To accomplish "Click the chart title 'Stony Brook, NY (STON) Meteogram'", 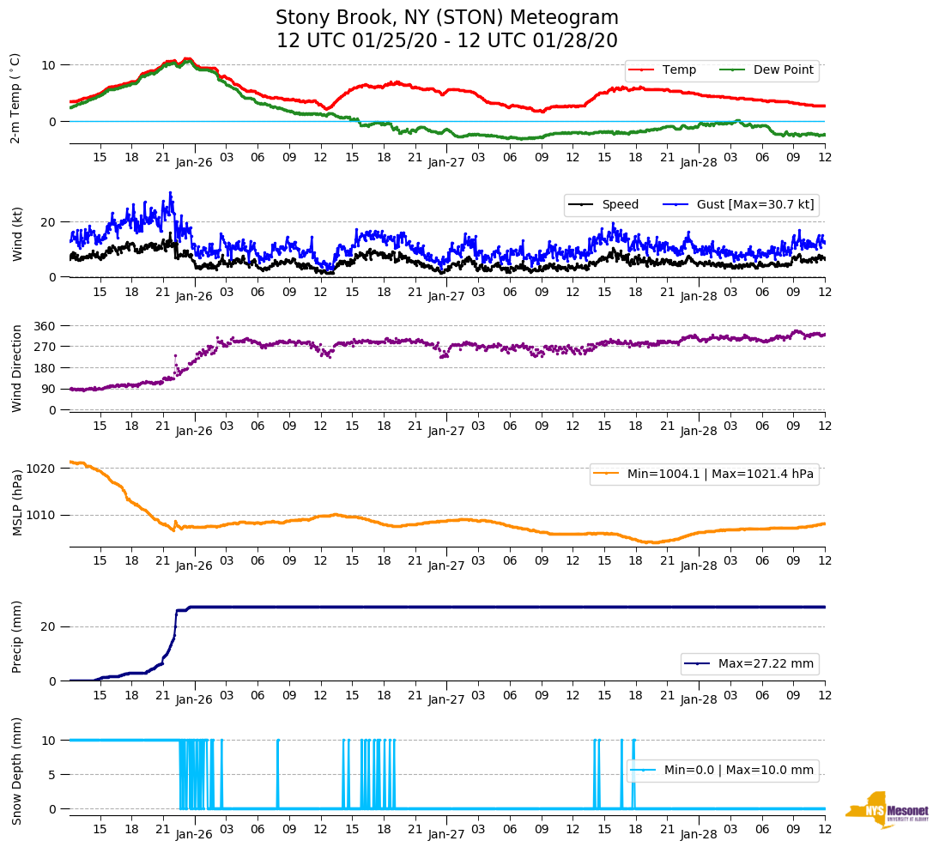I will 446,18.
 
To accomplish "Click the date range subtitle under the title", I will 446,41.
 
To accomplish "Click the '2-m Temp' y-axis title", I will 15,97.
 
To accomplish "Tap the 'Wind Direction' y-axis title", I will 17,368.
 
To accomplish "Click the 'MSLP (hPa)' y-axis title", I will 17,503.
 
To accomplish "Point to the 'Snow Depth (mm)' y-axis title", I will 17,771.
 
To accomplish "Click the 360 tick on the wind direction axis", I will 45,326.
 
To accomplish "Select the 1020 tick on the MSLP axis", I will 42,469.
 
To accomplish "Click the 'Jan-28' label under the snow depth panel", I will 699,834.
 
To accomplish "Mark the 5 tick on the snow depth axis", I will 52,775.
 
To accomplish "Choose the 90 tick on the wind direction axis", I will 49,390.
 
